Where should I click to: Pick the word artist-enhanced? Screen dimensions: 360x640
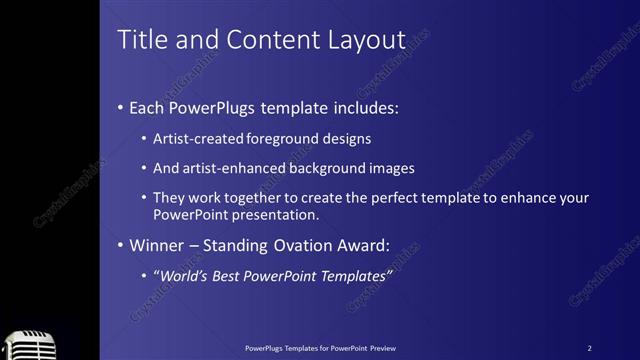click(234, 168)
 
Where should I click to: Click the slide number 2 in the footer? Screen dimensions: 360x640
click(589, 348)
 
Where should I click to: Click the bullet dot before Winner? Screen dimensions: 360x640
click(121, 245)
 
